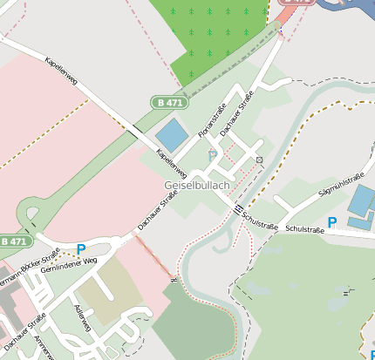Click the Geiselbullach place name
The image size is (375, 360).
[x=197, y=187]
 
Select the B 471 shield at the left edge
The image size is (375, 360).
[x=15, y=241]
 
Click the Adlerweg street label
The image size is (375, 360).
[x=84, y=318]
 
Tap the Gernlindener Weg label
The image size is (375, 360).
[x=74, y=265]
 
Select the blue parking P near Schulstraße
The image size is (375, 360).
[x=331, y=223]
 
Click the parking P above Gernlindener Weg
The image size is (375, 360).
[x=81, y=249]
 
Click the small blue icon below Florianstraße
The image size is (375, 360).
[x=212, y=154]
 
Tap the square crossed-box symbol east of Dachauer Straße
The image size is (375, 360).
[x=259, y=160]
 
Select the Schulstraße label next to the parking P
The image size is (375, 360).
[x=304, y=230]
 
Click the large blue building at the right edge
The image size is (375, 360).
[x=363, y=201]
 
